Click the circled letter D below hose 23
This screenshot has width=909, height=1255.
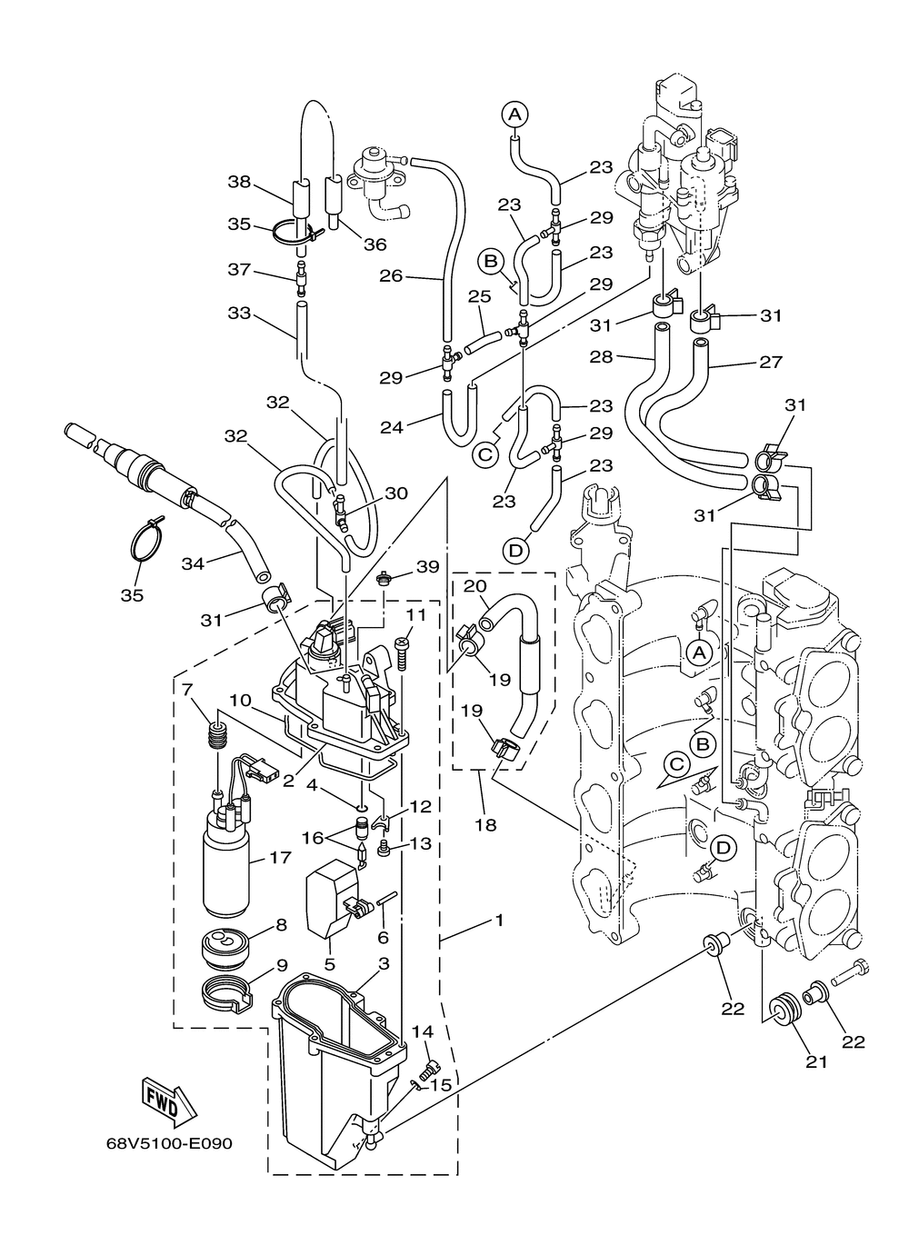(515, 551)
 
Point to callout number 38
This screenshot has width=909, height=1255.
(239, 182)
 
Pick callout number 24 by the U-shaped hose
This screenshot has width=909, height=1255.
(392, 428)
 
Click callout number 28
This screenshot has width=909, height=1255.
(602, 356)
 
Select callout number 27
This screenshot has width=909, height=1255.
(770, 362)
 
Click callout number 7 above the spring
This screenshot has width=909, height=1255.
(187, 690)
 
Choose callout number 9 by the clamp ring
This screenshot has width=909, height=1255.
(282, 965)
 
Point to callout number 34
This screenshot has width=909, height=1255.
(194, 563)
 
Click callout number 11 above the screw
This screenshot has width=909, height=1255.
(416, 614)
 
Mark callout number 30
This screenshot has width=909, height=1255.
(396, 493)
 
